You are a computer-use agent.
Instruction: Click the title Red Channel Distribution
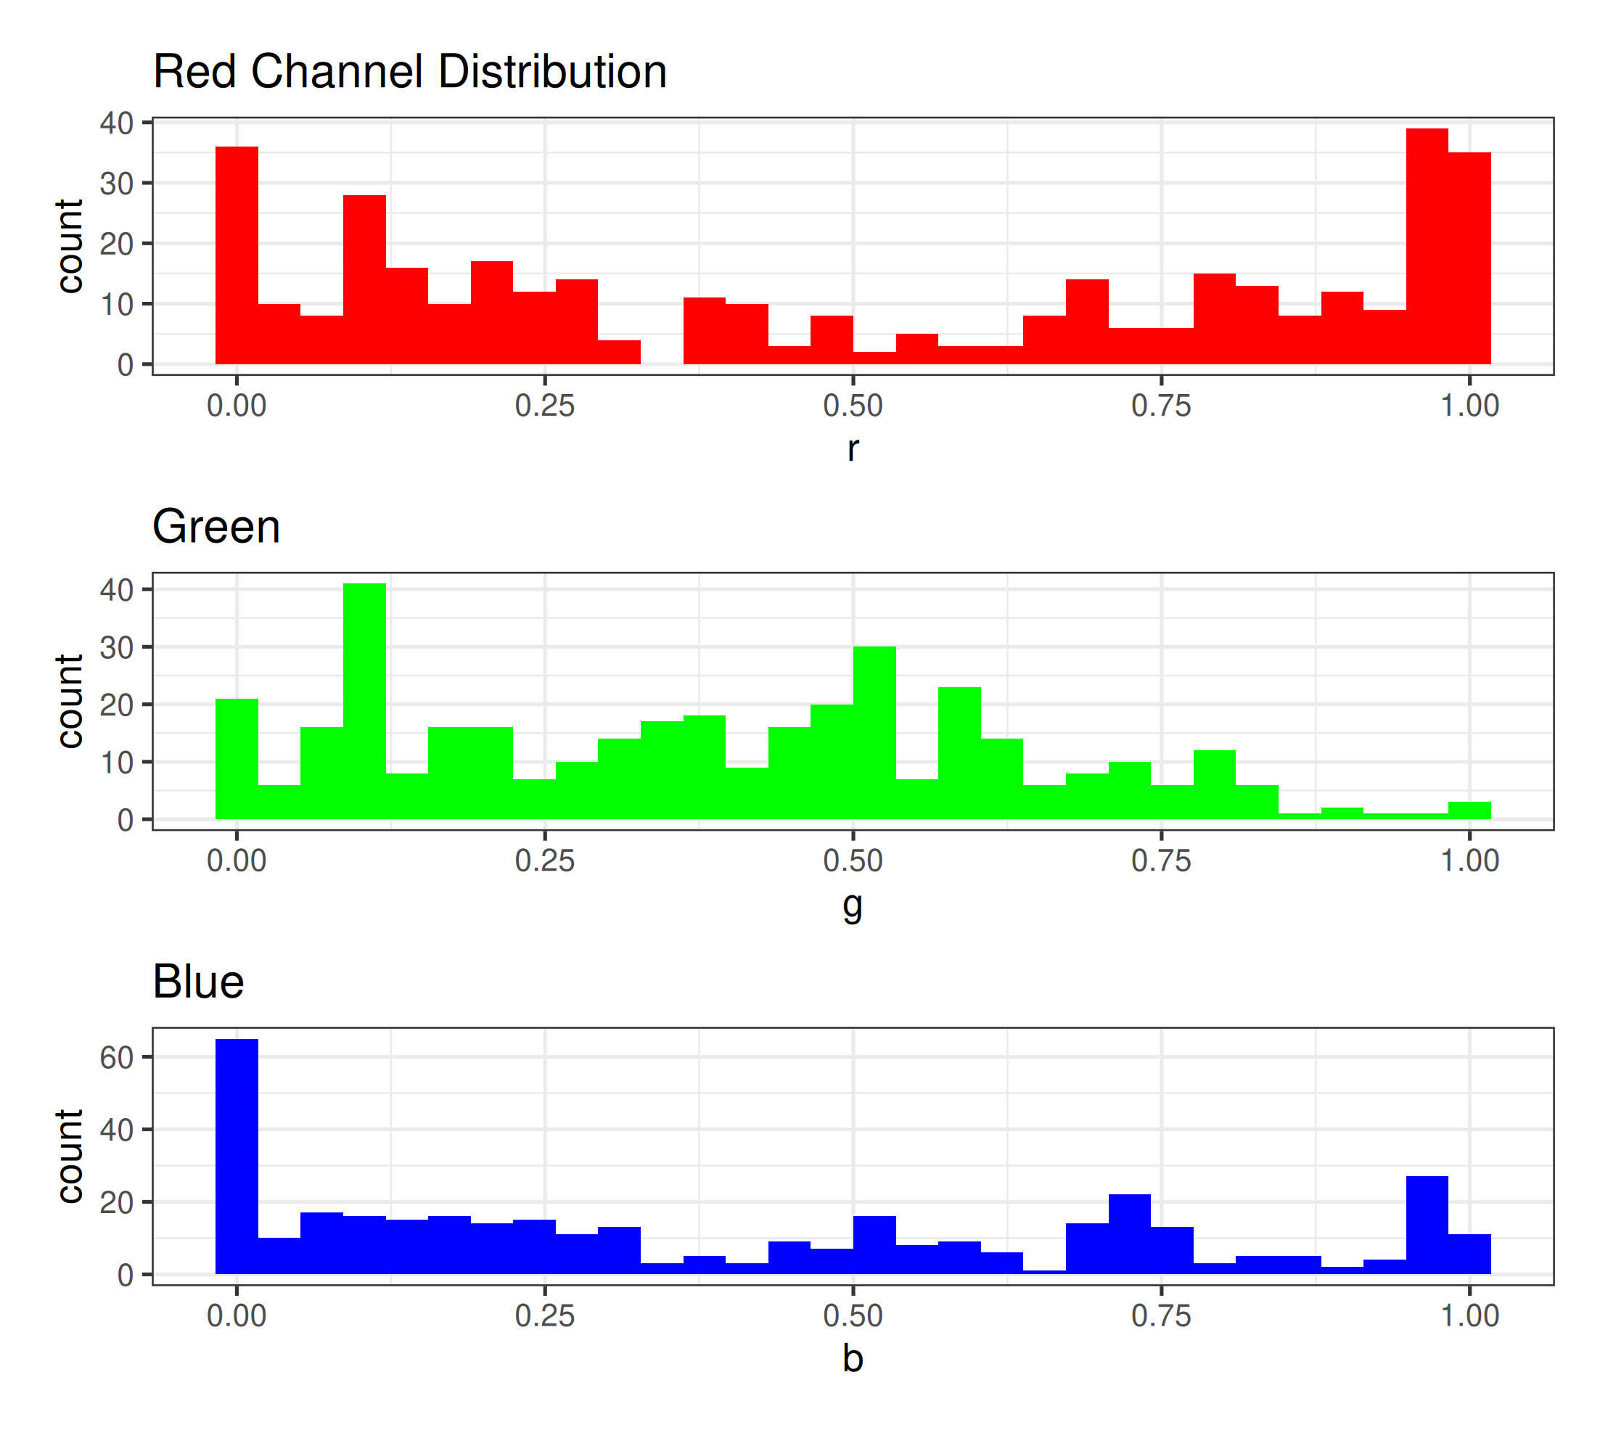tap(409, 72)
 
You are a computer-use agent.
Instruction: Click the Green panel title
tap(216, 527)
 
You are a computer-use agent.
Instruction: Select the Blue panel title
tap(197, 982)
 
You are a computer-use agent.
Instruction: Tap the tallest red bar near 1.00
tap(1426, 246)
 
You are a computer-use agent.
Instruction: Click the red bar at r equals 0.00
tap(237, 255)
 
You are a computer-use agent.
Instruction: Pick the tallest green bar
tap(364, 701)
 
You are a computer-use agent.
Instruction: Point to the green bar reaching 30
tap(874, 732)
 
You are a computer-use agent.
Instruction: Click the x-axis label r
tap(852, 449)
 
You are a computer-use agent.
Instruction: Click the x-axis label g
tap(852, 905)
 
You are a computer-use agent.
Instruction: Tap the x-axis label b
tap(852, 1358)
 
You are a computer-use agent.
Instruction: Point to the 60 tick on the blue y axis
tap(117, 1057)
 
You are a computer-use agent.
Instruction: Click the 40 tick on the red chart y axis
tap(117, 123)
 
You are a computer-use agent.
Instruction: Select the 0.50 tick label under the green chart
tap(852, 861)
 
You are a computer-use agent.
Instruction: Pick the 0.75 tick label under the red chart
tap(1161, 406)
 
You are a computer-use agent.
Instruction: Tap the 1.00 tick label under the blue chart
tap(1469, 1315)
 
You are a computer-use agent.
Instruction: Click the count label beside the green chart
tap(70, 701)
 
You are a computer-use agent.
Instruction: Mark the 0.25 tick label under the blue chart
tap(544, 1315)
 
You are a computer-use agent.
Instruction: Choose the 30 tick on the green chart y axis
tap(117, 647)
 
